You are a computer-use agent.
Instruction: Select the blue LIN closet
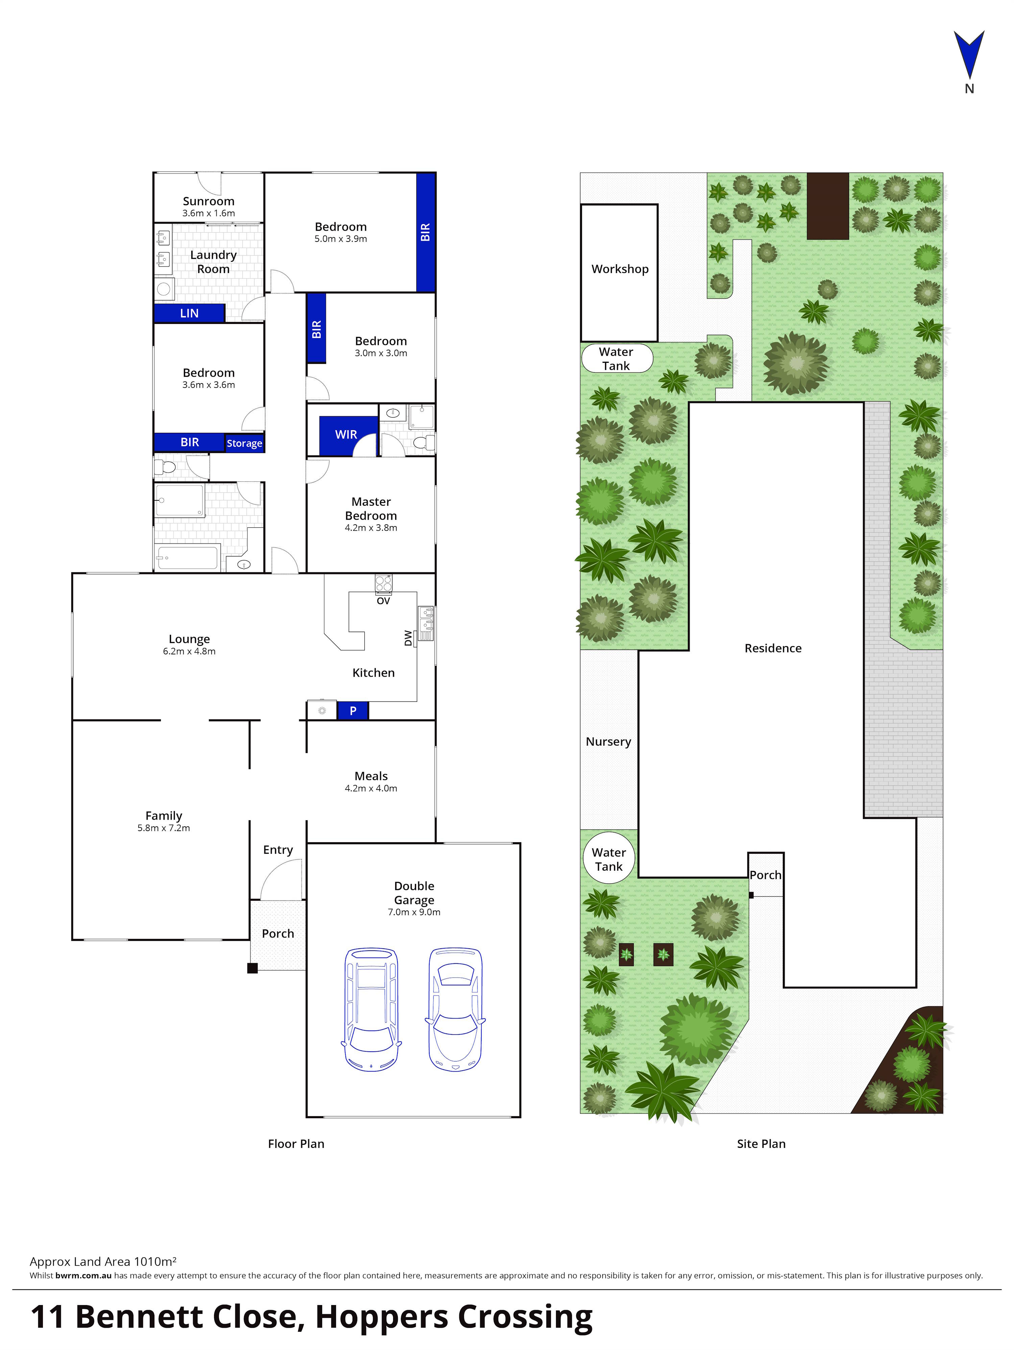[189, 313]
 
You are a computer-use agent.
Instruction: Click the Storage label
[244, 443]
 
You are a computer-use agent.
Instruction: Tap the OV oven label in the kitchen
[383, 601]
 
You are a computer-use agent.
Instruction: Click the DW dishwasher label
[408, 638]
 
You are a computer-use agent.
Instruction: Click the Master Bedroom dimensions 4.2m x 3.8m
[370, 528]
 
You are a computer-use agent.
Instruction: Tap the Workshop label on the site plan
[620, 269]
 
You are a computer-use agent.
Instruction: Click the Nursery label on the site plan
[608, 742]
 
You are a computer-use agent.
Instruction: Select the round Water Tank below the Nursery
[609, 859]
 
